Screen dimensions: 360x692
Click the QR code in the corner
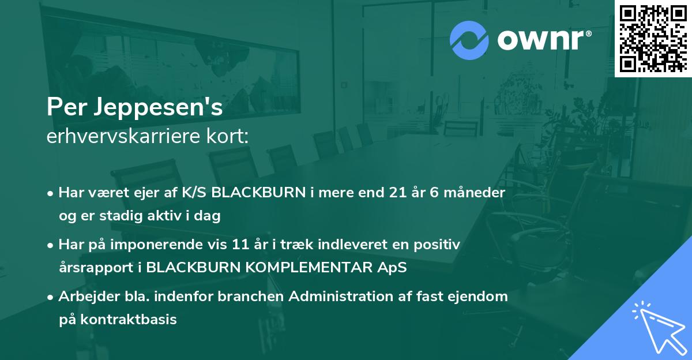653,38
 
